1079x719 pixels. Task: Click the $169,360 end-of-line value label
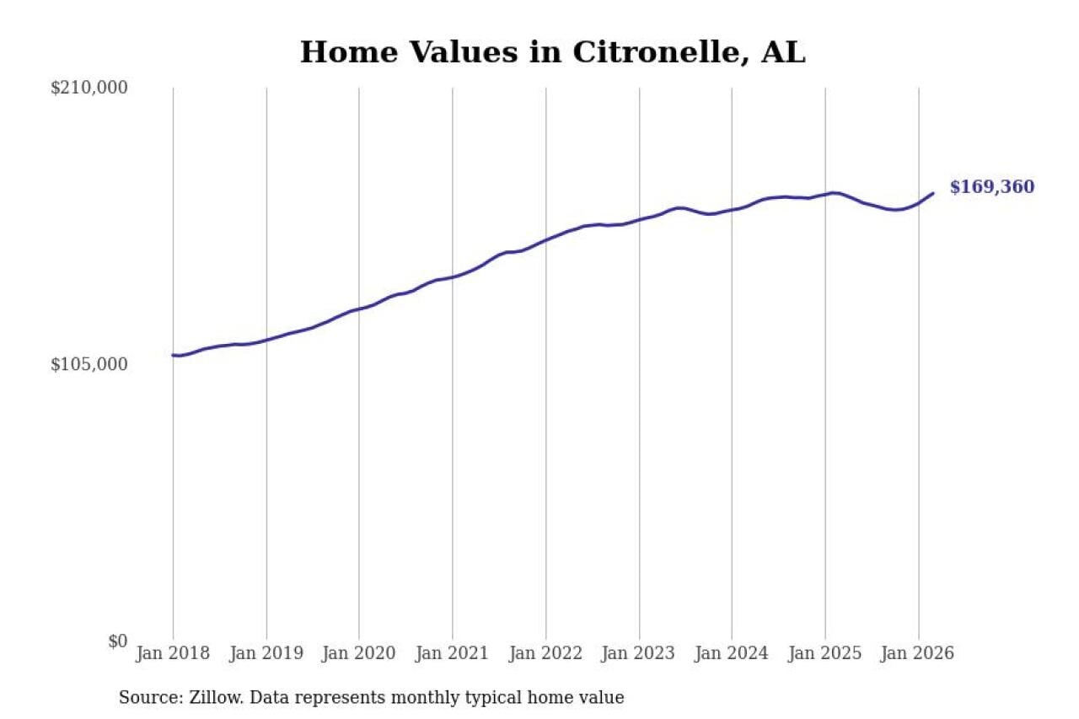[x=991, y=187]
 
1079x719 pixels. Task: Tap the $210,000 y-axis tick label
[x=89, y=88]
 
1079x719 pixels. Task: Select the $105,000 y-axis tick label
[x=89, y=364]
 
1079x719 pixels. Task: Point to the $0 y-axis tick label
[x=117, y=641]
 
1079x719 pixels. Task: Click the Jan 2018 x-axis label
[x=174, y=654]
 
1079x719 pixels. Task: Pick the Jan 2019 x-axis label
[x=266, y=654]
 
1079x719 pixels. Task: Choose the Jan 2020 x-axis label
[x=359, y=654]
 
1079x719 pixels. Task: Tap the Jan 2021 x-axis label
[x=453, y=654]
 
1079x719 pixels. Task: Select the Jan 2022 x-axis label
[x=545, y=654]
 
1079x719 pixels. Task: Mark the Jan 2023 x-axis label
[x=639, y=654]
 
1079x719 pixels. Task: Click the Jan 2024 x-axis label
[x=732, y=654]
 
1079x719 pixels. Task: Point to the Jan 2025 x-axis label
[x=825, y=654]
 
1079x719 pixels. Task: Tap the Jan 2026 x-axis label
[x=918, y=654]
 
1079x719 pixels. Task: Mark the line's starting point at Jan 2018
[x=174, y=355]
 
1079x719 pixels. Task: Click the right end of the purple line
[x=933, y=193]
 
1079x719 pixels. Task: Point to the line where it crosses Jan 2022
[x=545, y=240]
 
